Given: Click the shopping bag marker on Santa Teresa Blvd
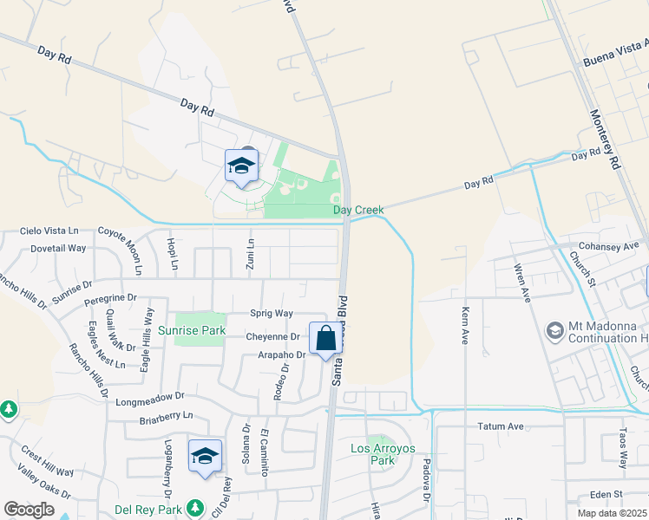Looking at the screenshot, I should (x=326, y=338).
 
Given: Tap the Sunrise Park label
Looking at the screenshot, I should (x=192, y=330).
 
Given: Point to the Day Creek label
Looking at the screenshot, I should (x=358, y=211).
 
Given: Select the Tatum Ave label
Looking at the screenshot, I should (x=501, y=426).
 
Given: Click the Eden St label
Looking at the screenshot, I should (x=607, y=494).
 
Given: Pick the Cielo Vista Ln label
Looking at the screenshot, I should (x=49, y=231).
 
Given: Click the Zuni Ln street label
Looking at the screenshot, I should (x=250, y=253).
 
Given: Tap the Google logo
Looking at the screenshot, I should (x=29, y=510).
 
